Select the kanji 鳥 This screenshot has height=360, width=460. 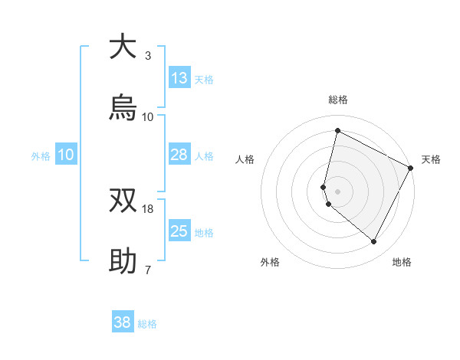click(x=123, y=108)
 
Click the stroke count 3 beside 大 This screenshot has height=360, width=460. click(x=148, y=55)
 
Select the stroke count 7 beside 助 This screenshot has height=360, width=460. click(x=148, y=270)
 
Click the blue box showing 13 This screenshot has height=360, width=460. click(x=179, y=78)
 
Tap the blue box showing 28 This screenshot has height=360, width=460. click(x=179, y=155)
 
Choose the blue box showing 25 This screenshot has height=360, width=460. click(x=179, y=231)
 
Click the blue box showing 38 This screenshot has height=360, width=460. click(x=123, y=323)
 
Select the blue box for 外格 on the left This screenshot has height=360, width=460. click(x=66, y=155)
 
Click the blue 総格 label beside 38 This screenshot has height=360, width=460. click(x=147, y=324)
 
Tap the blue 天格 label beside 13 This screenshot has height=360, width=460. click(x=204, y=79)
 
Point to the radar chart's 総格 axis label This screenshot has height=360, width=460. click(x=337, y=100)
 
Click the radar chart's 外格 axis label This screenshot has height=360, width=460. click(x=270, y=263)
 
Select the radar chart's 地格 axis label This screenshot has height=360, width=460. click(x=402, y=263)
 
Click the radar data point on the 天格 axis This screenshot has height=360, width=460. click(x=411, y=168)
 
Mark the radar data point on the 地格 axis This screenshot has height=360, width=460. click(x=374, y=242)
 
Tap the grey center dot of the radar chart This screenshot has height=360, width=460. click(x=337, y=190)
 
